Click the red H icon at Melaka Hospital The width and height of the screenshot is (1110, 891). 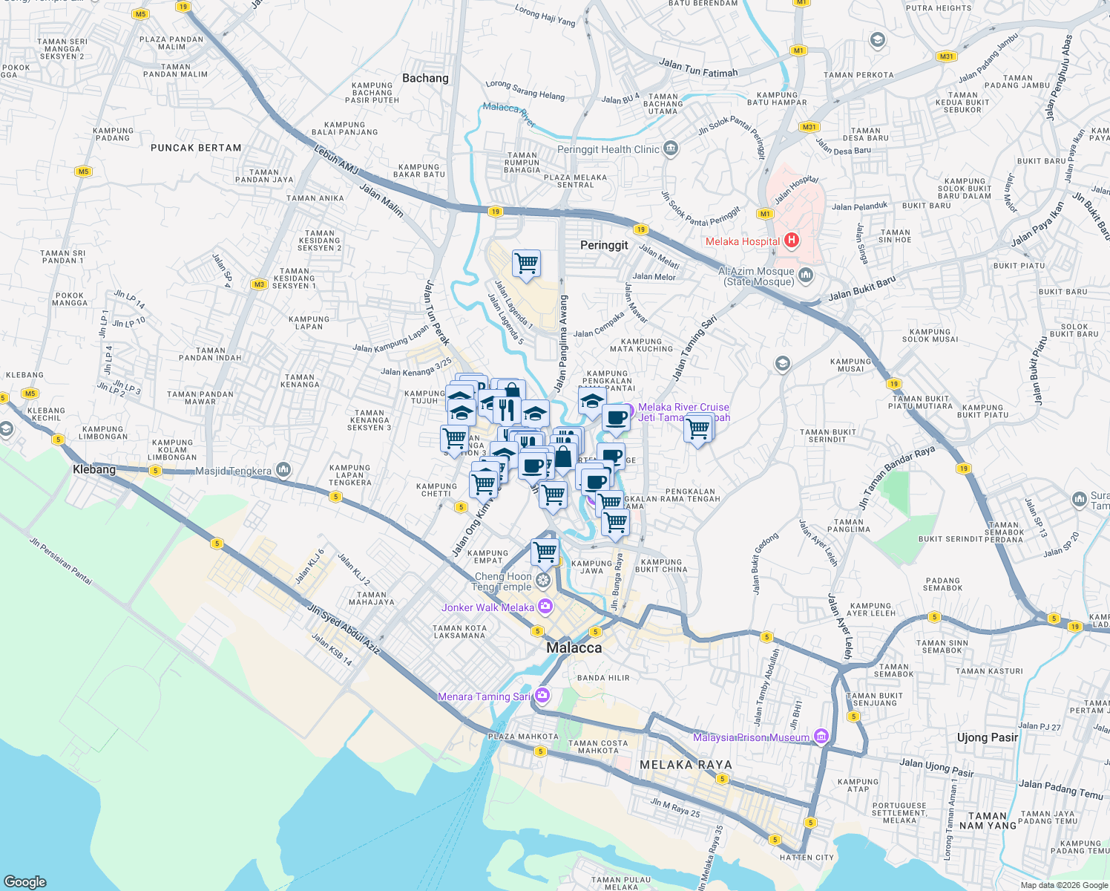coord(791,240)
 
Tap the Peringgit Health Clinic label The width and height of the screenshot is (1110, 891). coord(608,149)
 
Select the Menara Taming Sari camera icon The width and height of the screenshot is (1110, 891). coord(542,695)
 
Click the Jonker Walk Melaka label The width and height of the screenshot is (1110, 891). coord(487,607)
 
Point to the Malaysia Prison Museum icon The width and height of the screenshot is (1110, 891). coord(821,737)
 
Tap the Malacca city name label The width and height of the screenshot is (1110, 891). coord(574,647)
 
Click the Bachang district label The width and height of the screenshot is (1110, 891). coord(425,78)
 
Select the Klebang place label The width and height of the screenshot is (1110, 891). coord(94,469)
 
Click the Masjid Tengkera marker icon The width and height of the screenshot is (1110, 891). coord(283,469)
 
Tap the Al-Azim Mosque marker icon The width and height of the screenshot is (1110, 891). coord(806,275)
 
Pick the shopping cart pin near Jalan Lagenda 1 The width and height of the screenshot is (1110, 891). coord(526,263)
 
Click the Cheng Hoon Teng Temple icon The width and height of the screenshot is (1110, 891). coord(543,579)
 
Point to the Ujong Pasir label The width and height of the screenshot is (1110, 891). coord(988,737)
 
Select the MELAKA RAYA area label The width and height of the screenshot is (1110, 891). coord(686,765)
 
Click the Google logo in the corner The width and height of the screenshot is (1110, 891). coord(25,881)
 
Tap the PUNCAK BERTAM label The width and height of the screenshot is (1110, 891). coord(196,148)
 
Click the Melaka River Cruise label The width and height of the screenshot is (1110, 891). coord(683,407)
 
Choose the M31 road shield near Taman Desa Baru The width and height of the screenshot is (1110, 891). coord(809,127)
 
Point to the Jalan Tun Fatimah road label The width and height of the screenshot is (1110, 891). coord(698,68)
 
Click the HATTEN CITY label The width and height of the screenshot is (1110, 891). coord(807,858)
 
